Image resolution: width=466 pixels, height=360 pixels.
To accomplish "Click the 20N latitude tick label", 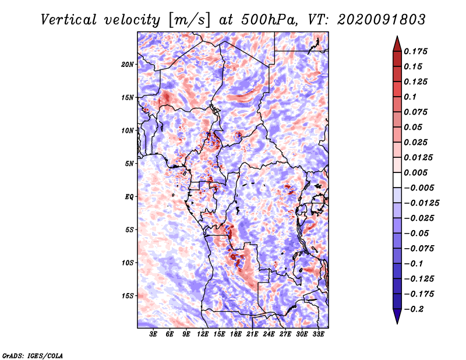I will [x=128, y=64].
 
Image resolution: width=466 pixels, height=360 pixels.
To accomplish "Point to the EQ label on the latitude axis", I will [x=129, y=197].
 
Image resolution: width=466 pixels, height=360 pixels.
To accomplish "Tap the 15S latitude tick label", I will [x=128, y=296].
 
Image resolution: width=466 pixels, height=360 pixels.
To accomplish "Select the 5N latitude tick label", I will [x=129, y=164].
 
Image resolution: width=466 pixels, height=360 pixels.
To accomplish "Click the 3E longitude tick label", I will [x=154, y=335].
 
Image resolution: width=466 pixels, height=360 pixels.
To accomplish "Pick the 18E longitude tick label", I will [x=236, y=335].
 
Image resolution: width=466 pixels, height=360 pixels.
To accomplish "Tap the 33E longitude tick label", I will [x=318, y=335].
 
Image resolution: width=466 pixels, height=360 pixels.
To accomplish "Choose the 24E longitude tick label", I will [x=269, y=335].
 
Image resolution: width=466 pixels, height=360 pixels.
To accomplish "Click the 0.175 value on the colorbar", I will [x=417, y=51].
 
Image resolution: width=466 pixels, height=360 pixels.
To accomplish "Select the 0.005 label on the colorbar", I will [x=417, y=172].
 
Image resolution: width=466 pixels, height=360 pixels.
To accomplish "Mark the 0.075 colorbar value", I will [x=417, y=112].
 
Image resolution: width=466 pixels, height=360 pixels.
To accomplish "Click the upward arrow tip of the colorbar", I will [x=396, y=37].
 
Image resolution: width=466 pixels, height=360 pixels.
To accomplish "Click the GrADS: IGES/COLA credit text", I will [x=32, y=355].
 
